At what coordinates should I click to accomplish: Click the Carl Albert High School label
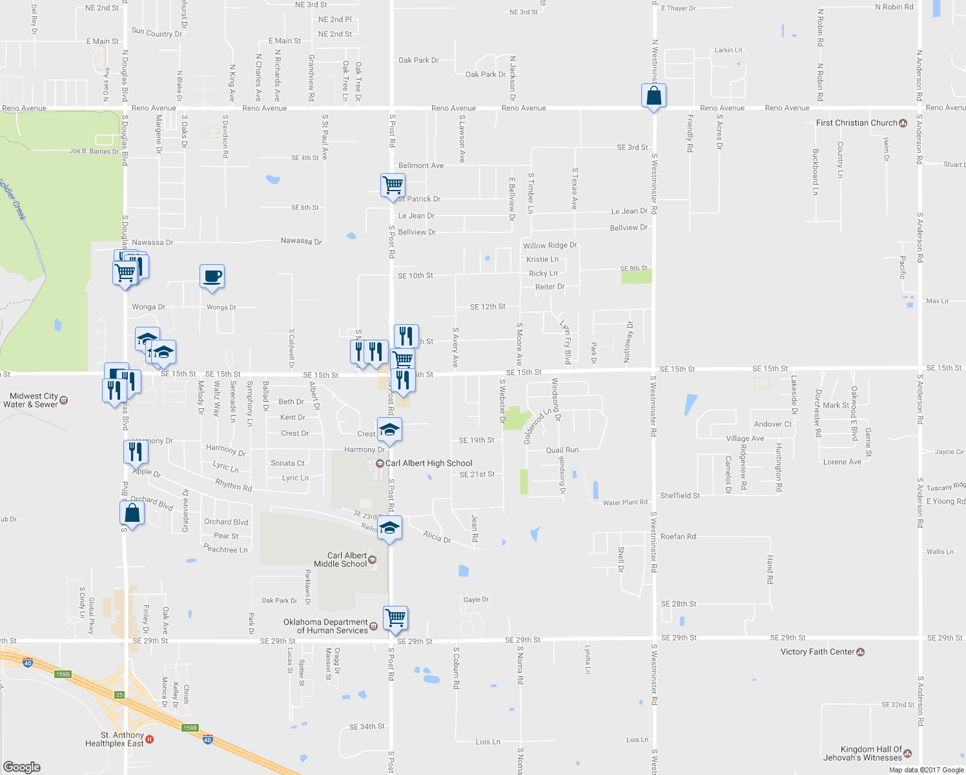pos(429,463)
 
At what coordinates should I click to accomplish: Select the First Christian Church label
pos(856,123)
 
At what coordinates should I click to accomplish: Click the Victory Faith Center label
pos(817,652)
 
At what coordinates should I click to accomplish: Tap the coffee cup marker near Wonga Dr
pos(212,277)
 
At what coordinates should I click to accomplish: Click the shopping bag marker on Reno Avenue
pos(653,96)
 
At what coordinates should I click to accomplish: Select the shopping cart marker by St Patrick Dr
pos(393,185)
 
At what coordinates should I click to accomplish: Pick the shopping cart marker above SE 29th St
pos(395,617)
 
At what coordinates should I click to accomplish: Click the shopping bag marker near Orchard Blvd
pos(132,513)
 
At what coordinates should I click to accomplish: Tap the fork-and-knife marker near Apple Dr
pos(136,451)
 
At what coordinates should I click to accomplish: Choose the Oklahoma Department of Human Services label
pos(325,626)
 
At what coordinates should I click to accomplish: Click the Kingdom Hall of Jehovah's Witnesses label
pos(863,753)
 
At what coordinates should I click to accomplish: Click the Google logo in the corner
pos(22,767)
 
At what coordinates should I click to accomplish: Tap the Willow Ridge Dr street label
pos(550,245)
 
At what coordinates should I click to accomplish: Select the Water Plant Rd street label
pos(624,502)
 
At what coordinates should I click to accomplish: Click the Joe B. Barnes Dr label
pos(94,151)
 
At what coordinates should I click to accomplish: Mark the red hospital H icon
pos(150,739)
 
